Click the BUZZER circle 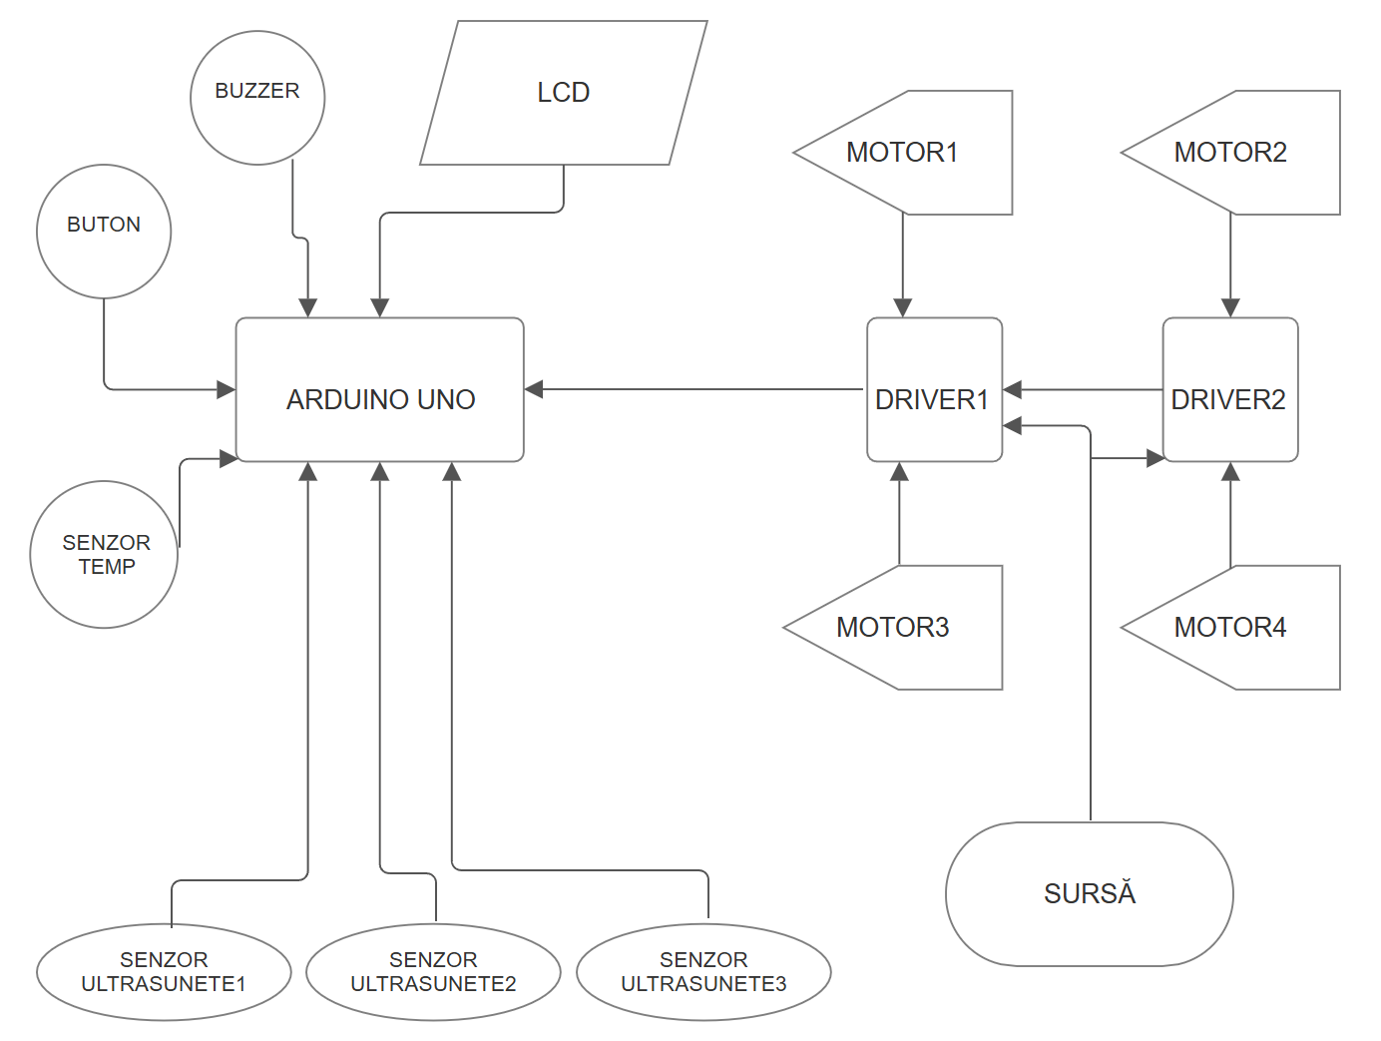coord(257,98)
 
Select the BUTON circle coord(104,232)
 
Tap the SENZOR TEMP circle coord(104,555)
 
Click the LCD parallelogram coord(564,93)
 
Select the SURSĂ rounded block coord(1090,894)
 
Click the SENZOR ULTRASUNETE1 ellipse coord(164,972)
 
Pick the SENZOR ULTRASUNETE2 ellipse coord(433,972)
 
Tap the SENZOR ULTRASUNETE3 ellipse coord(703,972)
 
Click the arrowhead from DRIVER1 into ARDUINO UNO coord(534,389)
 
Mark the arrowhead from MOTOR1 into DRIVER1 coord(903,308)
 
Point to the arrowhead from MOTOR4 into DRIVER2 coord(1230,471)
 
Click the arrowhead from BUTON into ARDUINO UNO coord(227,389)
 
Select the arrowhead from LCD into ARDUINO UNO coord(380,308)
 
